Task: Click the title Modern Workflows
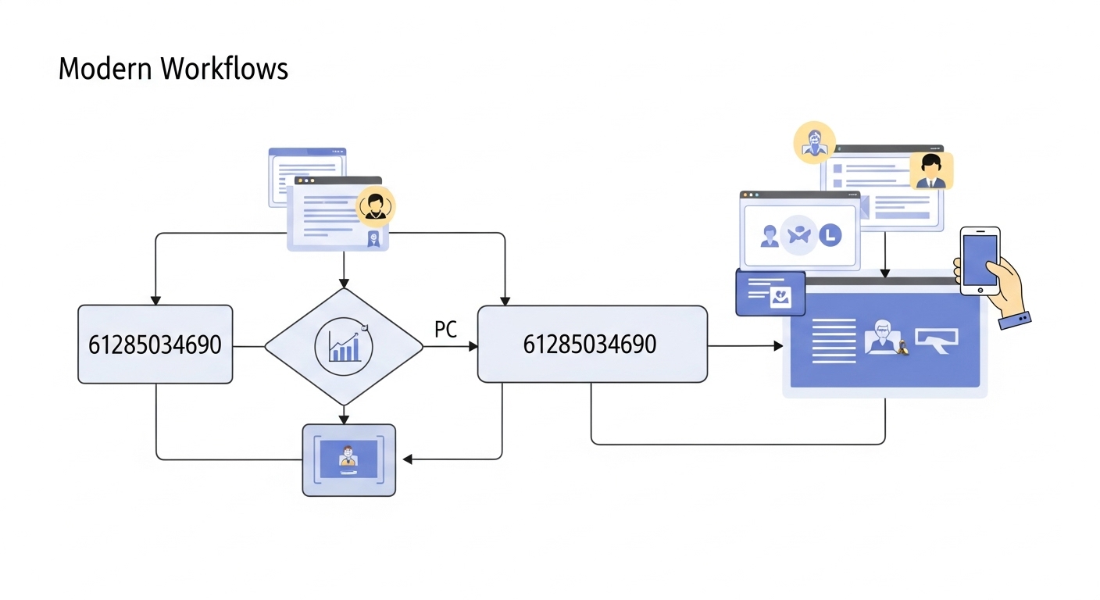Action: (173, 69)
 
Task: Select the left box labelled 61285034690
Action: (155, 345)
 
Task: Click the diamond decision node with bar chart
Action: (344, 346)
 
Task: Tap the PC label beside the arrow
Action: (445, 330)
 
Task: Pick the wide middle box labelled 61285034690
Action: (591, 345)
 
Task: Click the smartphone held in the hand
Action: (980, 260)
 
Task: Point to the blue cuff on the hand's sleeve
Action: (1015, 320)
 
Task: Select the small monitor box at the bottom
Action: (348, 460)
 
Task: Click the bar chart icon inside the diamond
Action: (345, 346)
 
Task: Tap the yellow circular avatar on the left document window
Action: (376, 206)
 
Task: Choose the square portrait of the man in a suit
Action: (930, 171)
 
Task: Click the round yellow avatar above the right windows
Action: (814, 143)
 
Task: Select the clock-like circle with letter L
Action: (830, 234)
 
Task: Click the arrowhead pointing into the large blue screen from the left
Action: (778, 345)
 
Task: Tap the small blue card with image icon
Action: (770, 293)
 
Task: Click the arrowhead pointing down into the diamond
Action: (344, 283)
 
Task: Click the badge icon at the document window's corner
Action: (374, 239)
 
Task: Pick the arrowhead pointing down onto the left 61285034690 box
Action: (155, 300)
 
